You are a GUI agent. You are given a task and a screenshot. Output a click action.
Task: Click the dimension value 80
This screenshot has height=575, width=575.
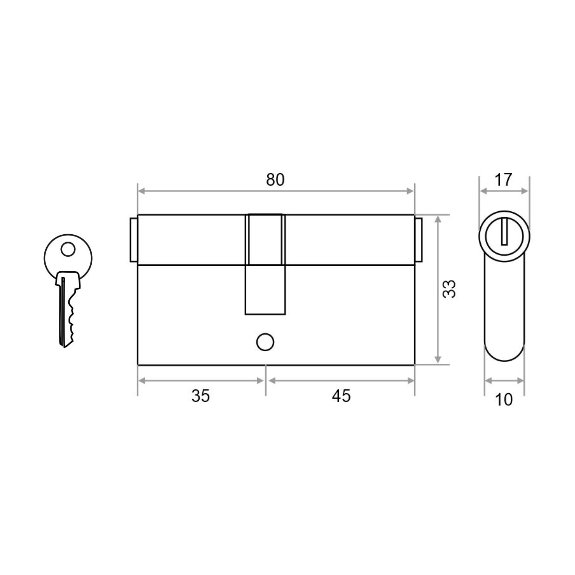click(275, 180)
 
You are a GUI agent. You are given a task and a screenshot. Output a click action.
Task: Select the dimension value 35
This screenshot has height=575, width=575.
click(201, 396)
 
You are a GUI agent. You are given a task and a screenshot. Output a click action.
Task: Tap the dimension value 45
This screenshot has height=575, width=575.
click(341, 396)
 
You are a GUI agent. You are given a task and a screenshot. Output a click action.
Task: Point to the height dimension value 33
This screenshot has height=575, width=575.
click(449, 289)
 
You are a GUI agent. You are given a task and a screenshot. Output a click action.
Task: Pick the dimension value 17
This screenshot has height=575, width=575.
click(503, 180)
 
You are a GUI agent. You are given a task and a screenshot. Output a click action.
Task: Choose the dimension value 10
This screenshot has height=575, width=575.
click(504, 400)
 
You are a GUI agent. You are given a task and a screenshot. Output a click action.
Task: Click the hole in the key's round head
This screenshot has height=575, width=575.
click(68, 249)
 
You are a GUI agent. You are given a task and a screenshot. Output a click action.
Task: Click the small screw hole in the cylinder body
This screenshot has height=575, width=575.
click(265, 342)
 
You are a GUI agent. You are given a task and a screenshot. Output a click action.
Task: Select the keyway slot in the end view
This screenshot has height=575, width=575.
click(504, 231)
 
